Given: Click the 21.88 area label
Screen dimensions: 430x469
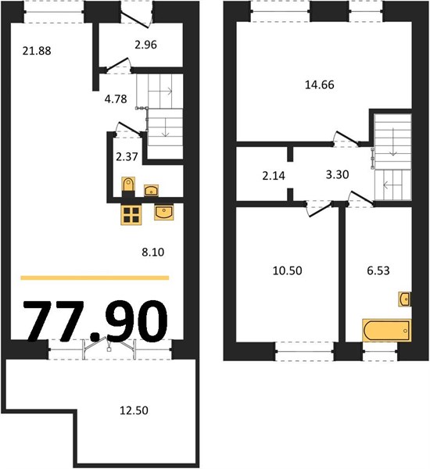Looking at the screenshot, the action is (x=37, y=51).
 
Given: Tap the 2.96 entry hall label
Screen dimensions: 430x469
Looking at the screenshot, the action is (x=145, y=45).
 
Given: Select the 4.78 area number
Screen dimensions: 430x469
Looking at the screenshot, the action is (x=116, y=99).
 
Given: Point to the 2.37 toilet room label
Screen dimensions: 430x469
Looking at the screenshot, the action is (x=127, y=157).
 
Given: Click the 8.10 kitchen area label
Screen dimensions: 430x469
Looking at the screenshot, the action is (x=153, y=252).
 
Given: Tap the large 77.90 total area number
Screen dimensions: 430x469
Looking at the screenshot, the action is (x=96, y=321).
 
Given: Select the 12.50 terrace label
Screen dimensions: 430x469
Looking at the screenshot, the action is (x=134, y=410).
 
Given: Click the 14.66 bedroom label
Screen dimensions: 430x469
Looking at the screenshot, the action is (x=320, y=85).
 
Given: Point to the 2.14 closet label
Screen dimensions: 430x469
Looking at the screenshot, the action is (x=274, y=176).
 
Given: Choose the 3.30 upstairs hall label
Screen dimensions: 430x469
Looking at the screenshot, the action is (x=337, y=174).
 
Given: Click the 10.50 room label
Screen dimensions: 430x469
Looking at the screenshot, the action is (x=287, y=270).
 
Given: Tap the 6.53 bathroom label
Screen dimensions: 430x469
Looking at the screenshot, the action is (x=378, y=270).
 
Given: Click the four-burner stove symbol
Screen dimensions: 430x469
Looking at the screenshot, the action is (x=131, y=214).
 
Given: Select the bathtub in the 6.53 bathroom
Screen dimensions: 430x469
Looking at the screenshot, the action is (x=387, y=330).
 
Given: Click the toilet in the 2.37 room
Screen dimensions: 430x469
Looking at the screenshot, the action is (x=128, y=186).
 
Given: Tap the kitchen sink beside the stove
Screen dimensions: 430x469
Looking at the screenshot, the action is (x=164, y=213).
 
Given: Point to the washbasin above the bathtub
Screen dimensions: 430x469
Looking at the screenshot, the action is (x=404, y=299).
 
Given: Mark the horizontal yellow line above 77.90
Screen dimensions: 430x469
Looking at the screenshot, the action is (x=95, y=277).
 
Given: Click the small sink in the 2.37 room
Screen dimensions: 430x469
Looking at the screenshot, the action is (x=152, y=190).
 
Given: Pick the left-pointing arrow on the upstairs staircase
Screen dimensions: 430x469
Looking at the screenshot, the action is (x=390, y=186).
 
